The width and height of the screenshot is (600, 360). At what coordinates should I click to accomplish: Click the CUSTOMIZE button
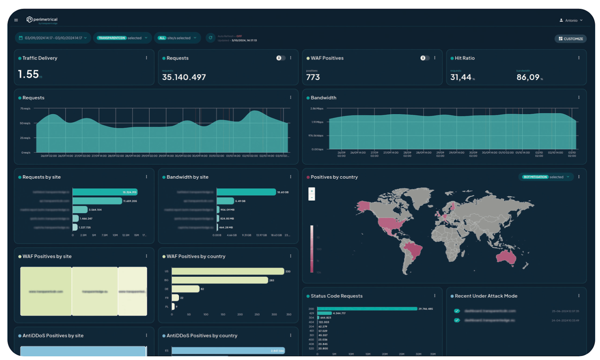[570, 39]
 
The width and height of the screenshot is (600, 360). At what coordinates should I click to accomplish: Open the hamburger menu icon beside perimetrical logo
[16, 20]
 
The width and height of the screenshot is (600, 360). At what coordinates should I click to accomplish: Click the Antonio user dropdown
[571, 20]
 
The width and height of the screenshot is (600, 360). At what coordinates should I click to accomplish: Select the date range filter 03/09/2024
[53, 38]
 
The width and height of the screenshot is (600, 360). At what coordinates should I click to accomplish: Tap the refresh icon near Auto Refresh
[210, 38]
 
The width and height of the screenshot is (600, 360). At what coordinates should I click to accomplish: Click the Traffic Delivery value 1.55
[28, 74]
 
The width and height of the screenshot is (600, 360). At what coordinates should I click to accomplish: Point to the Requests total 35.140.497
[184, 77]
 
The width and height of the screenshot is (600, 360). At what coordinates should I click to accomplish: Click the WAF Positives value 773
[313, 77]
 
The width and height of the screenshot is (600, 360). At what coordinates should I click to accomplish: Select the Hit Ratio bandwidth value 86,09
[528, 77]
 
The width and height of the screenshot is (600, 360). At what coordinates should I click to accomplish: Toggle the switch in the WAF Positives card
[424, 58]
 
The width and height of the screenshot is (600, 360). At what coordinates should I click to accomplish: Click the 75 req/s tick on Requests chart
[25, 109]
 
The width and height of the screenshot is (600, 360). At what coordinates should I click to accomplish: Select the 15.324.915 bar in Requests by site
[105, 192]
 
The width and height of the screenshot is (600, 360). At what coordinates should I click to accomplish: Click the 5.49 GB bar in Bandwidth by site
[225, 201]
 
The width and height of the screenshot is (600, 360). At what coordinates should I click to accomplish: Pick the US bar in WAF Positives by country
[227, 271]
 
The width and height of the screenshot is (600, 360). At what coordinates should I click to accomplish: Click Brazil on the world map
[412, 250]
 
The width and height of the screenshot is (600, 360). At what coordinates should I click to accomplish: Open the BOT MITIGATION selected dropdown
[546, 177]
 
